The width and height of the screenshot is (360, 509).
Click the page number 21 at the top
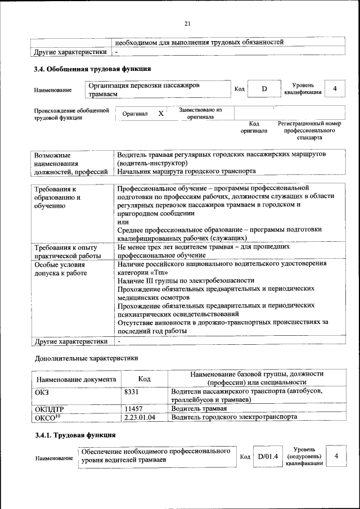tap(188, 23)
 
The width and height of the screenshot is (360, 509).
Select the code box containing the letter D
tap(264, 89)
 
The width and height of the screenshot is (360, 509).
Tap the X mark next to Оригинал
tap(161, 114)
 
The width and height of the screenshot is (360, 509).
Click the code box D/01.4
tap(268, 456)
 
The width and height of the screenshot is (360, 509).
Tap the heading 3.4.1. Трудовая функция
tap(75, 435)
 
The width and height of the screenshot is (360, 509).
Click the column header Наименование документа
tap(76, 380)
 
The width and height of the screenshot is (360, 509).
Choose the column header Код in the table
tap(144, 380)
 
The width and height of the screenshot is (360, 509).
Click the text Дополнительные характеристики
tap(86, 358)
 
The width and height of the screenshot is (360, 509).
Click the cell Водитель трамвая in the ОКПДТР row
tap(200, 408)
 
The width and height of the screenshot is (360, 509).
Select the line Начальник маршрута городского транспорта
tap(186, 171)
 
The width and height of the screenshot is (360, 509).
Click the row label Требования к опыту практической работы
tap(66, 251)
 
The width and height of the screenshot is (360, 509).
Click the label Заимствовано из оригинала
tap(200, 114)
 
